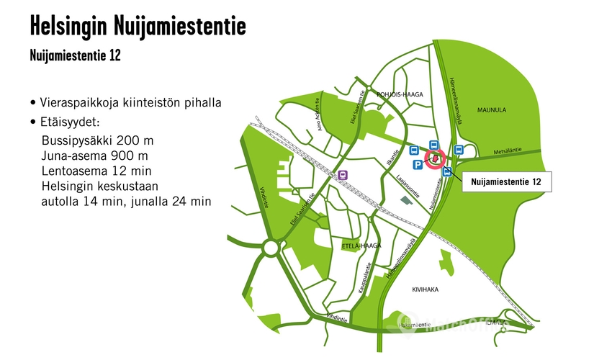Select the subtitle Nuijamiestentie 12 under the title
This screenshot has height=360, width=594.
pos(75,55)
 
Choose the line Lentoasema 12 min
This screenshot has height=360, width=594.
pos(96,171)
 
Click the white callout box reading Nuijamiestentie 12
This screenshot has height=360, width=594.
pos(505,183)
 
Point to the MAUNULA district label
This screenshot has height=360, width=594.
pos(492,110)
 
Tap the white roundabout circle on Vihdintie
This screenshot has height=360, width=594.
pos(271,248)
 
